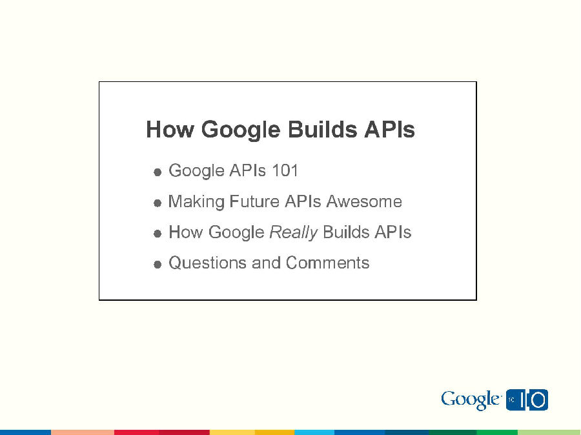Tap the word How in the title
(x=170, y=130)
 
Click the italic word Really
(x=293, y=232)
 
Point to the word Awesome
(x=364, y=202)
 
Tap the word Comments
(x=327, y=263)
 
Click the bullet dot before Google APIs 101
(x=158, y=172)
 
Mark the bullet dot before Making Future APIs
(x=158, y=203)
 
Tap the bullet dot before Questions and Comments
(x=158, y=265)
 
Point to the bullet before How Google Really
(x=158, y=234)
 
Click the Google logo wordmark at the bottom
(x=471, y=400)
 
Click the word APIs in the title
(x=389, y=130)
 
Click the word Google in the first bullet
(x=196, y=171)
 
